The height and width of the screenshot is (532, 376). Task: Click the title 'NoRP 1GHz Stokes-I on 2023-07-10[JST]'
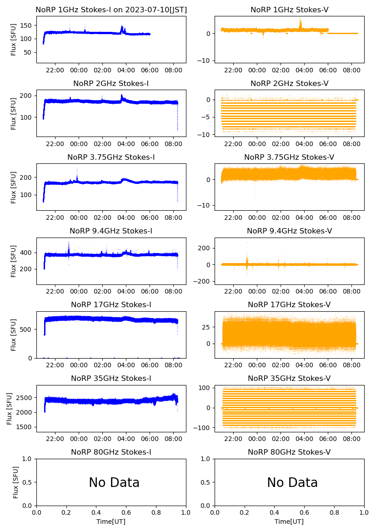(x=111, y=10)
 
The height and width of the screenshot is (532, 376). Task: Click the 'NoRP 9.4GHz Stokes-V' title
(x=289, y=231)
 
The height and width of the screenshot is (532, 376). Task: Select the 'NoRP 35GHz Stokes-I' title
(x=111, y=378)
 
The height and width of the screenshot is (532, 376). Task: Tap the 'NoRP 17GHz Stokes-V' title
(x=289, y=304)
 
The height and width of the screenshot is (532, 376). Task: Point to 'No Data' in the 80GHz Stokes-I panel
(x=114, y=482)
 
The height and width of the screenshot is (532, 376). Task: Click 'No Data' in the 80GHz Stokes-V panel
(x=292, y=482)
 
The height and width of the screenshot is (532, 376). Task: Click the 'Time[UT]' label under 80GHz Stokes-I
(x=111, y=522)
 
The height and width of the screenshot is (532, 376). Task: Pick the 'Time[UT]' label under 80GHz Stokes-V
(x=289, y=522)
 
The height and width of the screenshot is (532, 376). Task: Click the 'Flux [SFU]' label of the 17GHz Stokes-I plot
(x=14, y=335)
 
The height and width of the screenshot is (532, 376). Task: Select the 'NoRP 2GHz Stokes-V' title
(x=289, y=83)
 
